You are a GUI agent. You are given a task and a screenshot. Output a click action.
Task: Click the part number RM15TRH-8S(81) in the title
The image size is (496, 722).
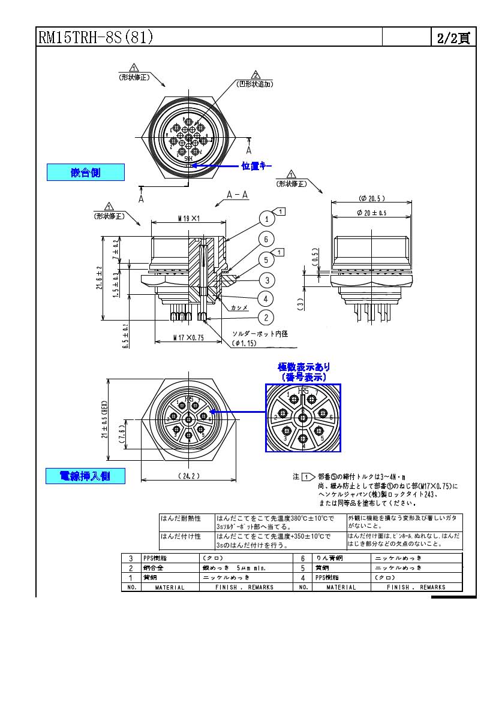[96, 38]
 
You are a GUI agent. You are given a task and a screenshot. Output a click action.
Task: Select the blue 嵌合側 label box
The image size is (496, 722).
[86, 173]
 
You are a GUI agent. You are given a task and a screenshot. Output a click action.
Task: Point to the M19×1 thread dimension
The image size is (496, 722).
[188, 219]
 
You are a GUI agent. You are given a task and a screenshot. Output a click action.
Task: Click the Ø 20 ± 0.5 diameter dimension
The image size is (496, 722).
[372, 213]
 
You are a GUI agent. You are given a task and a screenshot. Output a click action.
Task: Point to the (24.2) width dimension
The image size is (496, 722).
[189, 476]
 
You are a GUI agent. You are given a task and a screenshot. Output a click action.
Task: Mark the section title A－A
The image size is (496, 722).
[238, 195]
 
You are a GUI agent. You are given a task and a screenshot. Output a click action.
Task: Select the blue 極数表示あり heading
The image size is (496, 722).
[303, 367]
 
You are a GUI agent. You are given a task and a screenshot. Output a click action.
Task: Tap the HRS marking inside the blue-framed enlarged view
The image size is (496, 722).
[303, 391]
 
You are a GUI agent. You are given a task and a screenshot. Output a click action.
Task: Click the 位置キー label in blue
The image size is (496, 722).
[257, 165]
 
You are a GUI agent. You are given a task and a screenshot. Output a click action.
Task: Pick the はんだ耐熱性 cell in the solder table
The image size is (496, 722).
[181, 518]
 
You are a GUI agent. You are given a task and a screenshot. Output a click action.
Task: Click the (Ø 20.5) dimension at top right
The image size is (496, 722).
[372, 198]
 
